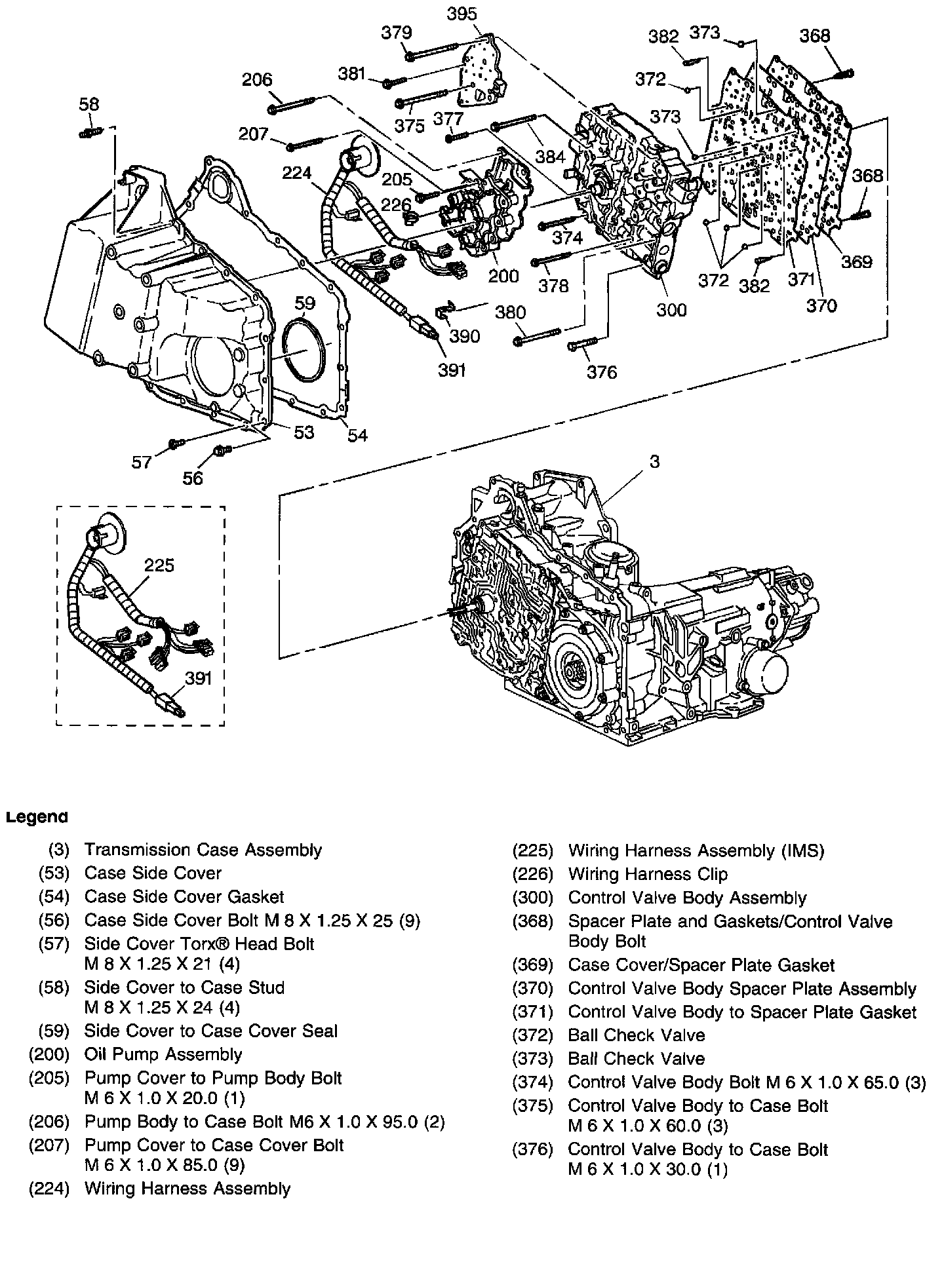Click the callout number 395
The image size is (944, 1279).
click(x=462, y=14)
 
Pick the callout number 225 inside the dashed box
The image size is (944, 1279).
click(x=159, y=565)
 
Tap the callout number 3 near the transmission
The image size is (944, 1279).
click(x=654, y=461)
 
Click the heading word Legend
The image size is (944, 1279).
click(x=37, y=817)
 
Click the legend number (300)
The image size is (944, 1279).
click(x=532, y=898)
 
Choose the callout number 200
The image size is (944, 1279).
click(x=503, y=276)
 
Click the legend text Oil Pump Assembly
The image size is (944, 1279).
click(x=163, y=1054)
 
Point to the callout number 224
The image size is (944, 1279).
click(x=297, y=174)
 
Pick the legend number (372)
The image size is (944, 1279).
click(x=532, y=1035)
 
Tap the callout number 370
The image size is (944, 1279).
click(x=821, y=306)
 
